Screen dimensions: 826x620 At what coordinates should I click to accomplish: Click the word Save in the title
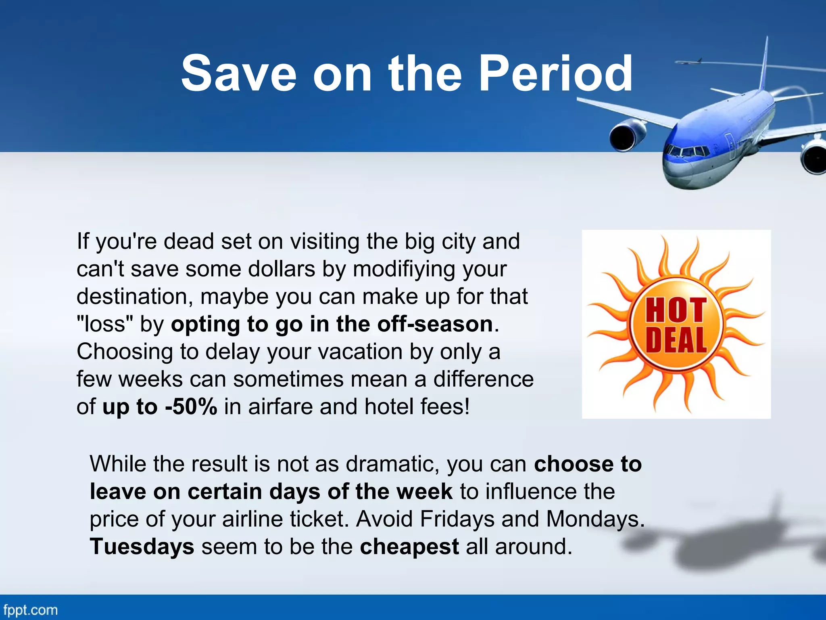point(238,73)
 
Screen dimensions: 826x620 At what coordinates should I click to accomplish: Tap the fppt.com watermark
point(30,610)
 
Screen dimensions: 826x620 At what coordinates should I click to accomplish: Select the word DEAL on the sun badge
point(676,340)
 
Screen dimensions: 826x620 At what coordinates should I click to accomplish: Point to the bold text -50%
point(191,406)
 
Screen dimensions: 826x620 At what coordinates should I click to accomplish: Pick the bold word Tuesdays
point(142,547)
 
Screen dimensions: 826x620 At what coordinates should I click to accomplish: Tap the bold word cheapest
point(409,547)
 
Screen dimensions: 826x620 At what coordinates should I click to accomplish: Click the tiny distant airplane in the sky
point(689,62)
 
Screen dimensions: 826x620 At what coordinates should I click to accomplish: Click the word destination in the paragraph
point(132,297)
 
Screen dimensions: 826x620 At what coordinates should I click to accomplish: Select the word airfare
point(280,406)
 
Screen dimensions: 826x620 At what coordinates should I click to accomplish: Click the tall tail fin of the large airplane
point(763,65)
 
